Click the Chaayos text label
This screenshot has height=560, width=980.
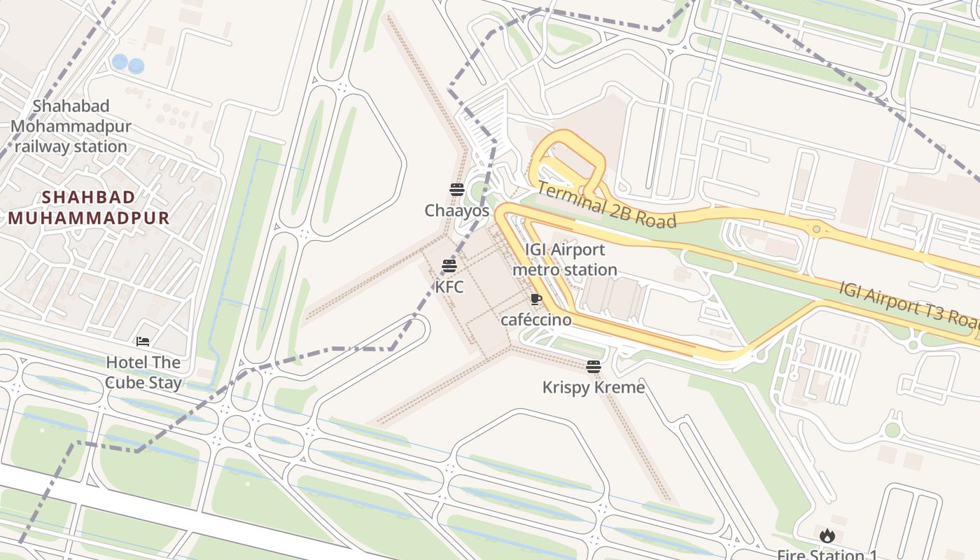(x=456, y=210)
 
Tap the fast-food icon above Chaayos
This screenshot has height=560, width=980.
(x=457, y=189)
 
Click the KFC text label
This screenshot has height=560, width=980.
(x=449, y=286)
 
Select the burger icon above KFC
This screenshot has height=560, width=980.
(x=449, y=266)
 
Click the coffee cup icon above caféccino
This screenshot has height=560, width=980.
(x=536, y=300)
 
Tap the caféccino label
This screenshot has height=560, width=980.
(x=536, y=320)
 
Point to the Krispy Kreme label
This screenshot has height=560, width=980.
(x=594, y=387)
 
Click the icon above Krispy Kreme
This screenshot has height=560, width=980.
(x=594, y=367)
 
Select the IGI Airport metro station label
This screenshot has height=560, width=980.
(x=565, y=260)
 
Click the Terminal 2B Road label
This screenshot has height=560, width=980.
(x=607, y=205)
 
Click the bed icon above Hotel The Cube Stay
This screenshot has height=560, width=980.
(x=143, y=342)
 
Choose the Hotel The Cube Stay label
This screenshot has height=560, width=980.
(x=143, y=372)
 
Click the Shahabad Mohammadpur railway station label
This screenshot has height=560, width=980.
(x=71, y=127)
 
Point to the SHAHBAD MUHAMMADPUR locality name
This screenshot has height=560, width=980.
(x=89, y=207)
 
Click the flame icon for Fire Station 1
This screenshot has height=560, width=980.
(x=827, y=536)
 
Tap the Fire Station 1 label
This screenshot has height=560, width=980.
(x=827, y=555)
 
